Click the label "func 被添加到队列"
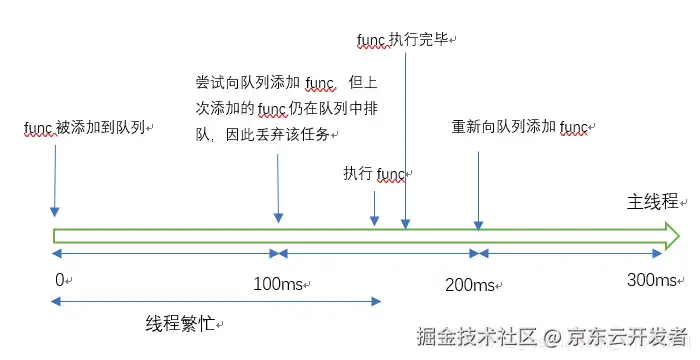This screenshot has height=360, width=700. pyautogui.click(x=84, y=128)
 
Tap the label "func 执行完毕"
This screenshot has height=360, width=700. pyautogui.click(x=403, y=40)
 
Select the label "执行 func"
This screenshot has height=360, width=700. pyautogui.click(x=374, y=173)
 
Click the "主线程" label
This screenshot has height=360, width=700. pyautogui.click(x=653, y=201)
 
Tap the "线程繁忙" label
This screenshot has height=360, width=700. pyautogui.click(x=180, y=323)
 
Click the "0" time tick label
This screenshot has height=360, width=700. pyautogui.click(x=60, y=280)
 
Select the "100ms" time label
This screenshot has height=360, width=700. pyautogui.click(x=278, y=284)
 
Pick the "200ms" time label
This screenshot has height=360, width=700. pyautogui.click(x=470, y=285)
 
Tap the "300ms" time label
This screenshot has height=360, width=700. pyautogui.click(x=652, y=280)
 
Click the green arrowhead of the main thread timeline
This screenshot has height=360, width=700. pyautogui.click(x=672, y=236)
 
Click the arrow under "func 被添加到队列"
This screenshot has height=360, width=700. pyautogui.click(x=55, y=181)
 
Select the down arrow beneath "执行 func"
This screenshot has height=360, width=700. pyautogui.click(x=375, y=209)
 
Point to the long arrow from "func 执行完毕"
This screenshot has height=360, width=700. pyautogui.click(x=405, y=141)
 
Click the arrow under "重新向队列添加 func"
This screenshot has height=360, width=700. pyautogui.click(x=478, y=191)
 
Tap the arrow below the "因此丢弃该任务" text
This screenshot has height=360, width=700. pyautogui.click(x=278, y=188)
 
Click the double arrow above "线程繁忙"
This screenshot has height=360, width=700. pyautogui.click(x=216, y=301)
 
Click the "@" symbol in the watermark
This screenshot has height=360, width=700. pyautogui.click(x=552, y=337)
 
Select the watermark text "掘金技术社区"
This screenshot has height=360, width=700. pyautogui.click(x=476, y=336)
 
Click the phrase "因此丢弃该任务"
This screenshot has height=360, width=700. pyautogui.click(x=278, y=134)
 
